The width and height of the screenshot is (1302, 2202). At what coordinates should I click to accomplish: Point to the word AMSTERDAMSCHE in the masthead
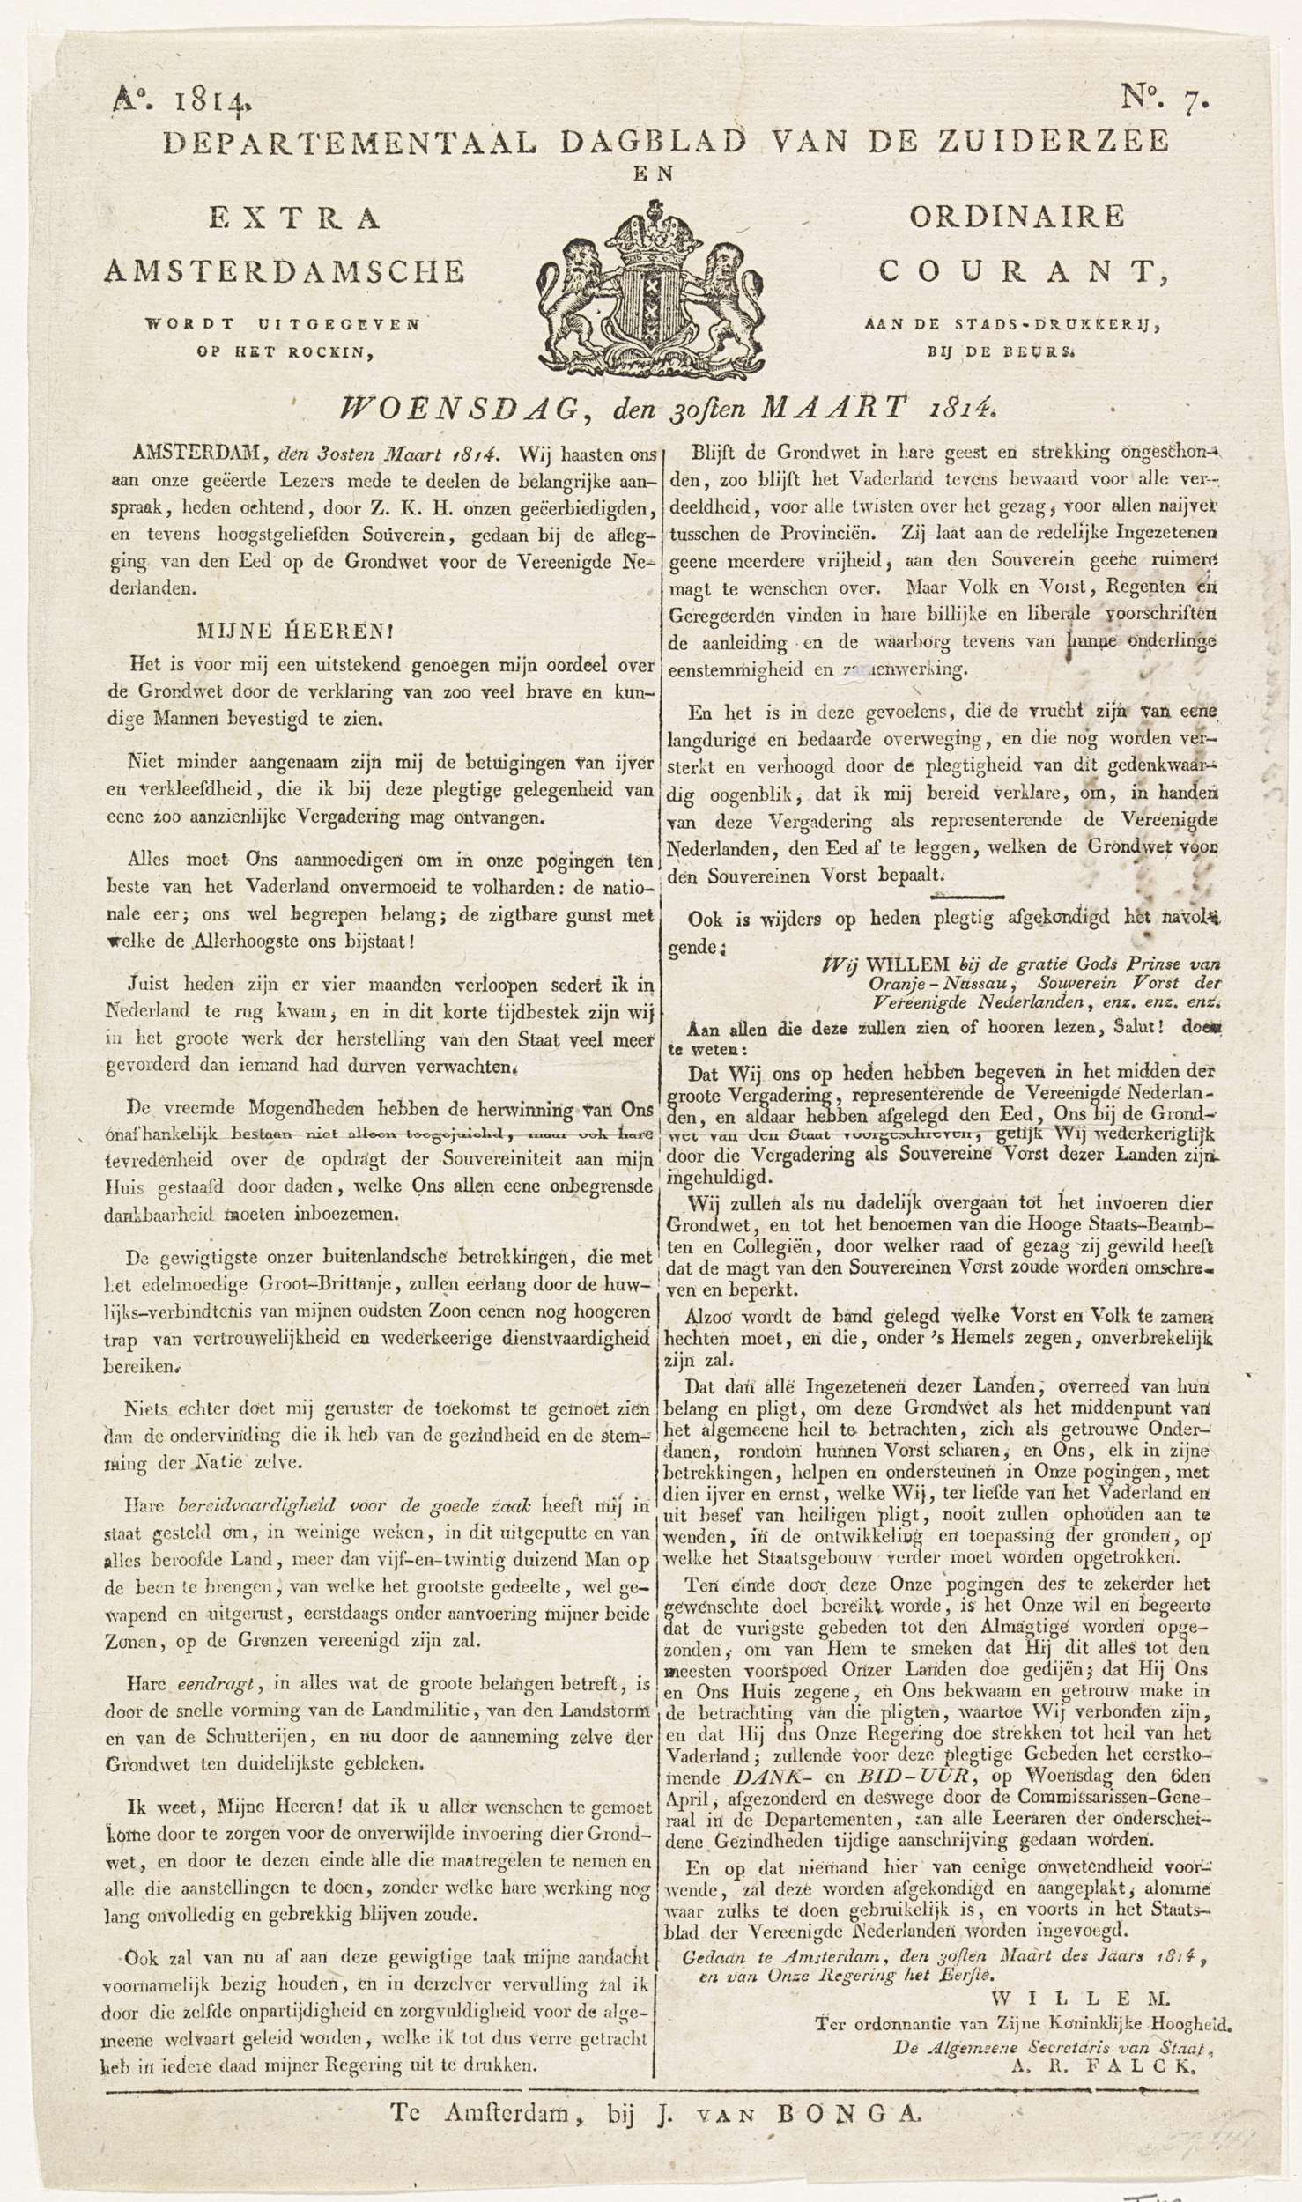click(285, 272)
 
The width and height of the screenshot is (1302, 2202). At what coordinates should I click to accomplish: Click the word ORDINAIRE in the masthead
click(1017, 216)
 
